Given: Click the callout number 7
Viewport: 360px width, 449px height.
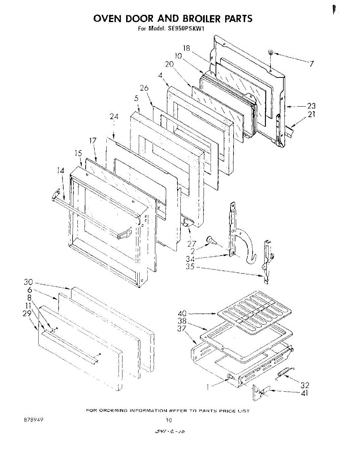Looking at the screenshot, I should (x=310, y=63).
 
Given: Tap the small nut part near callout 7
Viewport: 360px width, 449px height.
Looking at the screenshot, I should (x=271, y=52).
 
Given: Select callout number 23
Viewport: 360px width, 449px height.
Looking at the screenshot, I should (x=311, y=106).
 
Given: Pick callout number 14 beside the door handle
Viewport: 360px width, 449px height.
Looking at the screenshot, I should (x=61, y=171).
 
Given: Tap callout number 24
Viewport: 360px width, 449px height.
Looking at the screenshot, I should (x=114, y=117).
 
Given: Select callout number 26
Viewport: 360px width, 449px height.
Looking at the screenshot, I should (x=144, y=88).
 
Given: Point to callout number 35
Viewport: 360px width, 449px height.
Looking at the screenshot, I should (x=190, y=267).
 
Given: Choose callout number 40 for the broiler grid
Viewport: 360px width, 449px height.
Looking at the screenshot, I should (x=182, y=313).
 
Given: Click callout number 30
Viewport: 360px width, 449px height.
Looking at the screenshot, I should (x=28, y=282).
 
